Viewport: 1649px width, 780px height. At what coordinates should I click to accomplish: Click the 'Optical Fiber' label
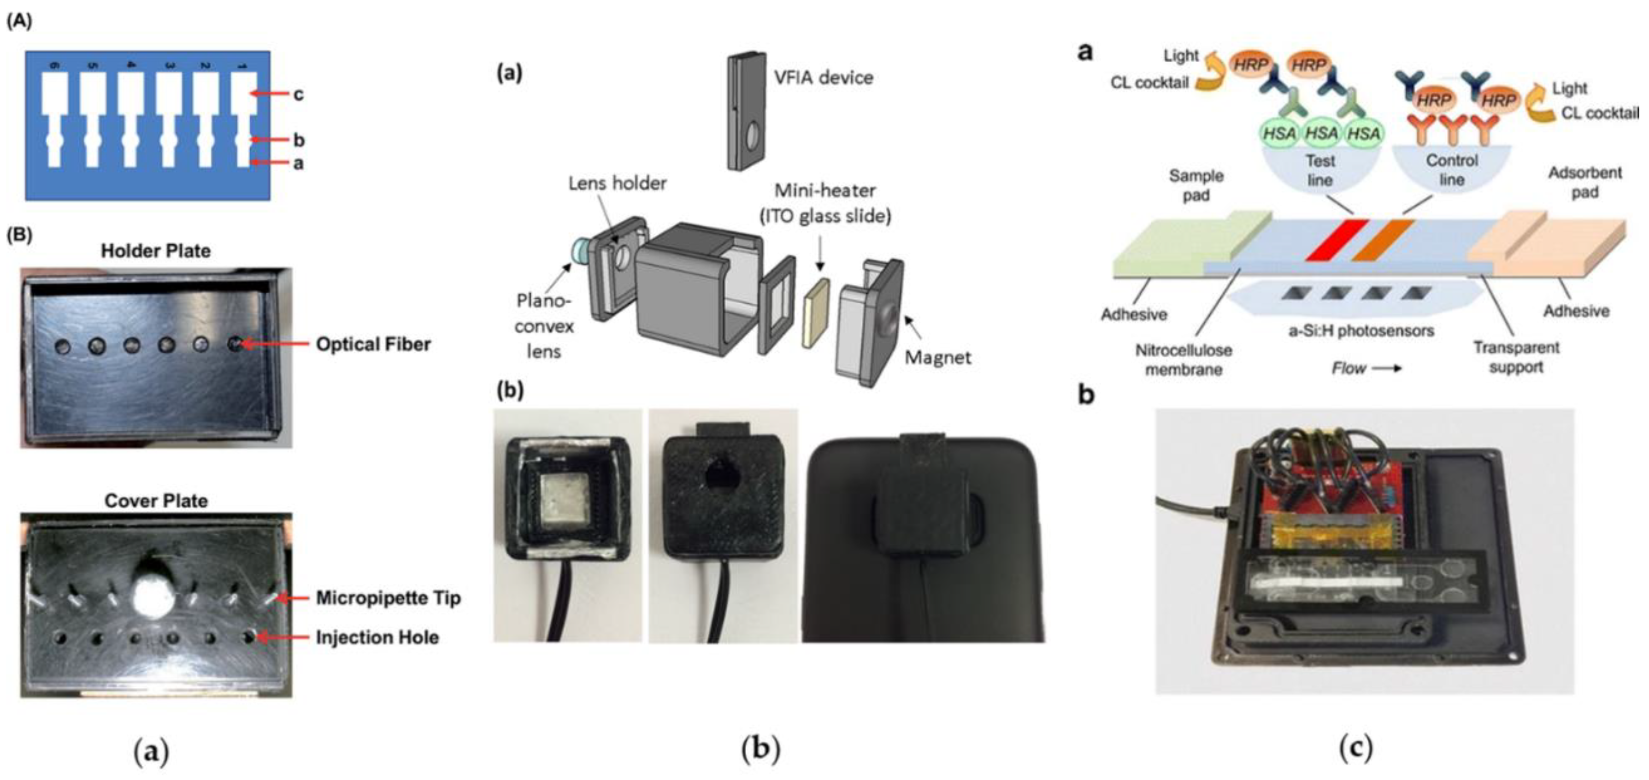[373, 344]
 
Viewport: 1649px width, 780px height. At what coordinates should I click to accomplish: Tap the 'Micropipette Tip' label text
[388, 598]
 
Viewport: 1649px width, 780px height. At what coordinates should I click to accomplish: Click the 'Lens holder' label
[617, 184]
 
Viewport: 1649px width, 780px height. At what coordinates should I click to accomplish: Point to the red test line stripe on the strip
[1336, 240]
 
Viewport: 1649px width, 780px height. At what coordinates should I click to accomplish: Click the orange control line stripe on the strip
[1382, 240]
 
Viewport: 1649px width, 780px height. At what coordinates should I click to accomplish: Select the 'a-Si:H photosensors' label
[1360, 331]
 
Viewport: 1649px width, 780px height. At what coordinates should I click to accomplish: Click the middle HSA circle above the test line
[1320, 133]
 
